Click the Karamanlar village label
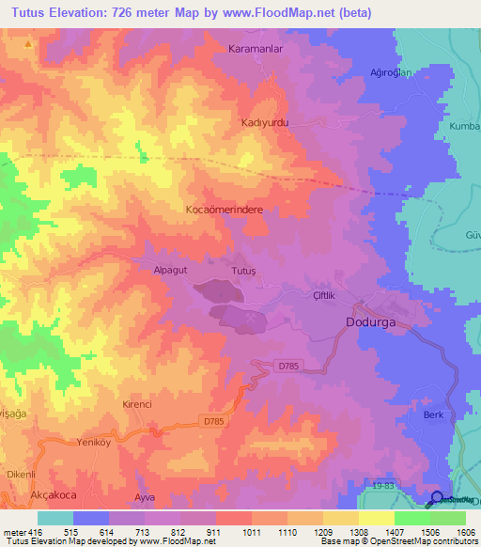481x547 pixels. coord(256,47)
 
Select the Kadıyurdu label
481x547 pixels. coord(262,123)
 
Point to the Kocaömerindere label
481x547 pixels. coord(224,211)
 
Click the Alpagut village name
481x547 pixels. coord(159,269)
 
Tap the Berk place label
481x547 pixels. coord(433,414)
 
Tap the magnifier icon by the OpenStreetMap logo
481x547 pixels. coord(437,499)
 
